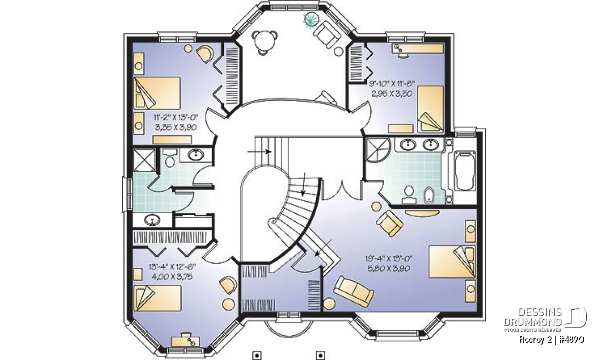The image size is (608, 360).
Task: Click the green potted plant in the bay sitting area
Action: [x=311, y=20]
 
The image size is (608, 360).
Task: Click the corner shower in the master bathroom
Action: [x=377, y=150]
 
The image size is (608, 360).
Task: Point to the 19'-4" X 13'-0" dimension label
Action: [x=389, y=259]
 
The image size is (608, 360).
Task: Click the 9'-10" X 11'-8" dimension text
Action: [x=392, y=83]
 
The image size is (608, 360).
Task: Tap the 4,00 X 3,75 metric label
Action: [x=172, y=277]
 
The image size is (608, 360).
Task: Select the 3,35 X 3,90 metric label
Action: [x=176, y=127]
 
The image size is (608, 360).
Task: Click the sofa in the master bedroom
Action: [x=354, y=292]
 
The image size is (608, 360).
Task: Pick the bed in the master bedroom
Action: [x=452, y=262]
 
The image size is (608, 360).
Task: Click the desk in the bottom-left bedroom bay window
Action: [x=185, y=341]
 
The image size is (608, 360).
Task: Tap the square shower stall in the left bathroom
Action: [x=144, y=160]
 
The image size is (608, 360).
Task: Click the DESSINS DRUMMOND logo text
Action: [x=533, y=317]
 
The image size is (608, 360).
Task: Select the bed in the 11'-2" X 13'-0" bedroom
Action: [x=157, y=93]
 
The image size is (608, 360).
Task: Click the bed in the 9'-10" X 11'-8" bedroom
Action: [x=431, y=109]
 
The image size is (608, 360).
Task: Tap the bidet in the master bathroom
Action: [x=429, y=195]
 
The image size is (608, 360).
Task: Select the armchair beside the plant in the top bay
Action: [x=327, y=34]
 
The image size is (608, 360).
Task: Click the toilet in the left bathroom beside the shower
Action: [x=170, y=158]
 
